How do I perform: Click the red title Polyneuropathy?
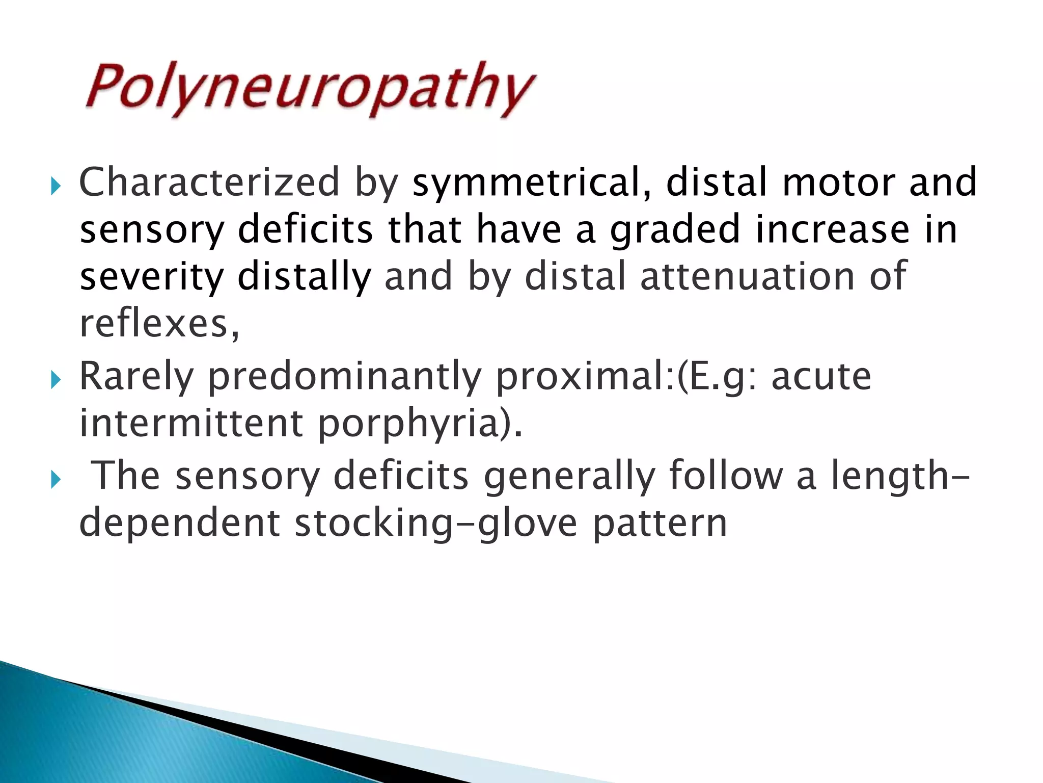pos(310,89)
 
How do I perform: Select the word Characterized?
pos(209,182)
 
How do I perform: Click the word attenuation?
pos(747,276)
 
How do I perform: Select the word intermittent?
pos(191,423)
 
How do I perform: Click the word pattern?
pos(660,523)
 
